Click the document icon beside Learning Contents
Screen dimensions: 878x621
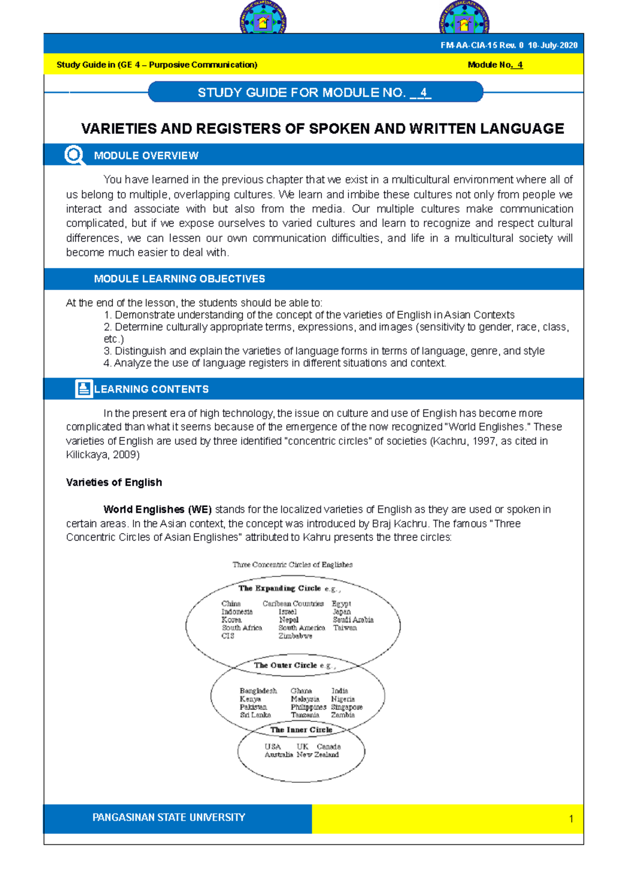[x=83, y=389]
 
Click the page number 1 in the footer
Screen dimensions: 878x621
[x=571, y=819]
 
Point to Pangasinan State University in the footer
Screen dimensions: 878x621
[x=169, y=818]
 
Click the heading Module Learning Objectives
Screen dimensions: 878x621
[x=179, y=279]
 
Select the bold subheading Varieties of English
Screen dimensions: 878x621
[x=114, y=482]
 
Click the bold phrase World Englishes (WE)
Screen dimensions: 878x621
[x=157, y=510]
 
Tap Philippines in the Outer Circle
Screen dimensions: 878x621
[x=308, y=707]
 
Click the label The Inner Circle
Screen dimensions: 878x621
[x=301, y=730]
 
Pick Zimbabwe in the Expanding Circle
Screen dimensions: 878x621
[x=295, y=636]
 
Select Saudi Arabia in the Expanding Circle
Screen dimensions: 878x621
[x=353, y=619]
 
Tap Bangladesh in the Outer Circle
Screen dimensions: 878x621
[x=258, y=691]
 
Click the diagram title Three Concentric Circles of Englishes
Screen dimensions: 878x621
[x=292, y=565]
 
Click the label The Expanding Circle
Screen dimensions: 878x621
[x=279, y=588]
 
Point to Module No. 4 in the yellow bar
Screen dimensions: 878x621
[x=495, y=65]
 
